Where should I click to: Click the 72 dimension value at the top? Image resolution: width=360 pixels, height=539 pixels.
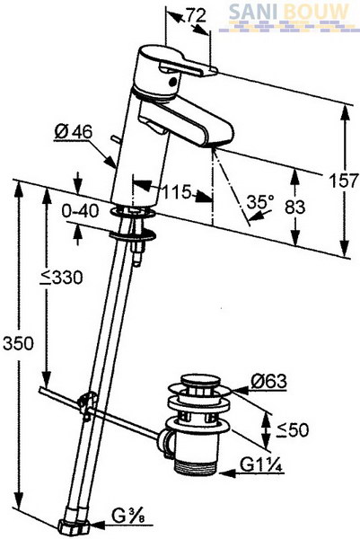point(197,15)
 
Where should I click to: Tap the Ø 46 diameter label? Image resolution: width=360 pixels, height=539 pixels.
point(74,132)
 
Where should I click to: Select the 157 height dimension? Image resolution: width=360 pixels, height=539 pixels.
point(343,181)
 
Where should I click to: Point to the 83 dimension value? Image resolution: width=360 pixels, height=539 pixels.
point(295,207)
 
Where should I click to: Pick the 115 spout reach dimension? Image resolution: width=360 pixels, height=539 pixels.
point(176,192)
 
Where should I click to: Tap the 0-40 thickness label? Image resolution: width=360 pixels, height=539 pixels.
point(80,211)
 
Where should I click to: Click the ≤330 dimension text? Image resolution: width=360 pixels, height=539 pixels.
point(61,278)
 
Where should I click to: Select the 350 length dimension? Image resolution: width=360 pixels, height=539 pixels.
point(18,343)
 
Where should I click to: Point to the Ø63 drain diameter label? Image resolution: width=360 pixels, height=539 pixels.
point(268,381)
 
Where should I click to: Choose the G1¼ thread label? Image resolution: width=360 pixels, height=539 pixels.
point(262,465)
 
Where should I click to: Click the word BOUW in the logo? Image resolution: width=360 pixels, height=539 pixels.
point(316,13)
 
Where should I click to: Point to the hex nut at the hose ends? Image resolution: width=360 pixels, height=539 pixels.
point(74,526)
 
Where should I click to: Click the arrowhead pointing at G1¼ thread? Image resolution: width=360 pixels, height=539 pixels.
point(227,473)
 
